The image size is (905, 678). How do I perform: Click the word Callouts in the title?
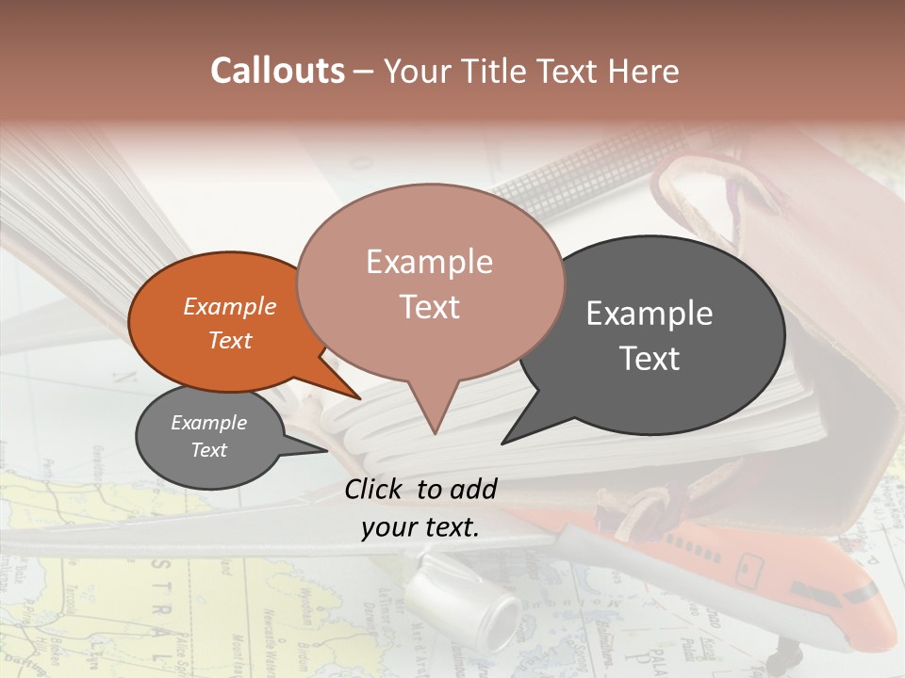(277, 71)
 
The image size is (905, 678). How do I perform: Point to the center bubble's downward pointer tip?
(434, 432)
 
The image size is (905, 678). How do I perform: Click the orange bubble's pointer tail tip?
(359, 398)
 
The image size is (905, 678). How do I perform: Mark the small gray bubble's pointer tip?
(326, 451)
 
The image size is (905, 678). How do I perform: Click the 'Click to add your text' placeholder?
(420, 508)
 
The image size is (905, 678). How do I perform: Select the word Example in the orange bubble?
(230, 306)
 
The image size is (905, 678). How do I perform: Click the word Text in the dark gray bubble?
(650, 359)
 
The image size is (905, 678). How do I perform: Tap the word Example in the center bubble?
(429, 262)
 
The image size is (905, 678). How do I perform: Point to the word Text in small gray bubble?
(208, 450)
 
